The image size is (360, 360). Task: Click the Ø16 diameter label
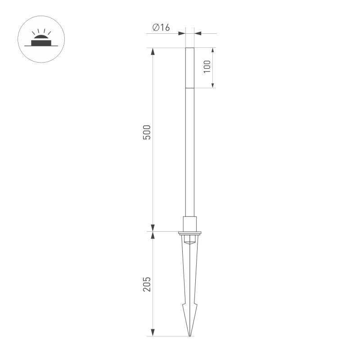click(161, 28)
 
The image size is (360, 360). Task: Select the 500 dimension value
click(147, 132)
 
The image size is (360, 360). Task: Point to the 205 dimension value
click(147, 284)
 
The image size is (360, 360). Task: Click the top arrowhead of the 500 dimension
click(153, 51)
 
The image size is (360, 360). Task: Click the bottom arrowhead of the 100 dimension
click(213, 84)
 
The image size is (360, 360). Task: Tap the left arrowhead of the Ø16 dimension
click(182, 33)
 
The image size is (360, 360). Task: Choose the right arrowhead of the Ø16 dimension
click(198, 33)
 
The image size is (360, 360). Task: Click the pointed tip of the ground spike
click(190, 335)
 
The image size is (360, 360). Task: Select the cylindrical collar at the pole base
click(190, 224)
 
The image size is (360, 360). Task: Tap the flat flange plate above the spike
click(190, 233)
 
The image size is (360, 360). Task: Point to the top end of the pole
click(190, 48)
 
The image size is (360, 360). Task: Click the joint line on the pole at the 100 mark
click(190, 88)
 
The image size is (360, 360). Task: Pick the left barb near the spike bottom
click(184, 306)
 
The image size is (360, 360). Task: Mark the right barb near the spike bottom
click(196, 306)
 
